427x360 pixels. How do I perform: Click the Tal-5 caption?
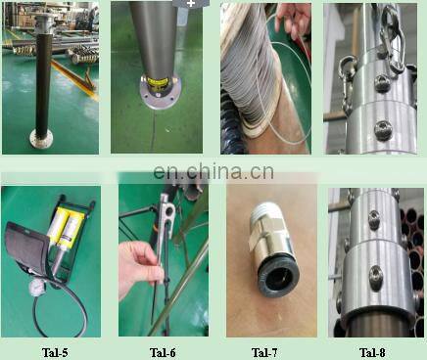(55, 352)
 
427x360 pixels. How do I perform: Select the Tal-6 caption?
(163, 352)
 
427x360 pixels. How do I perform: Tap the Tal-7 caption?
(264, 352)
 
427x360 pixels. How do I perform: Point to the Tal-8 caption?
(372, 352)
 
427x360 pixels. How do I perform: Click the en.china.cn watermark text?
(213, 172)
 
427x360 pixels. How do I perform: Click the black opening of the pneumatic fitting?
(277, 278)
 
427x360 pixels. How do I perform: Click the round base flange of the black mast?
(41, 139)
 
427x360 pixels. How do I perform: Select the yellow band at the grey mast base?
(157, 81)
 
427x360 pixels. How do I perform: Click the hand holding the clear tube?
(292, 20)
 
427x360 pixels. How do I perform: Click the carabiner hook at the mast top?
(393, 39)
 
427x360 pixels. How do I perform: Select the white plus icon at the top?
(191, 4)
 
